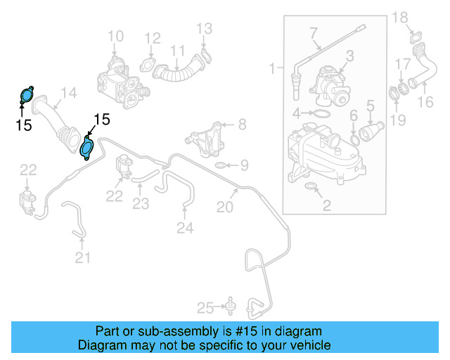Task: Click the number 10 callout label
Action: point(115,36)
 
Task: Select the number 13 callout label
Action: point(204,29)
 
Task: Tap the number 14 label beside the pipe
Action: point(68,92)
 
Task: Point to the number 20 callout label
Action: point(224,207)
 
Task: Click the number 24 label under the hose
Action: point(184,227)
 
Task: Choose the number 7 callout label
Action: point(314,32)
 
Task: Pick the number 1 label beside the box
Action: point(272,68)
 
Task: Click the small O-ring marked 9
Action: point(220,165)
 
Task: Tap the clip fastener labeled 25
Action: point(229,306)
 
